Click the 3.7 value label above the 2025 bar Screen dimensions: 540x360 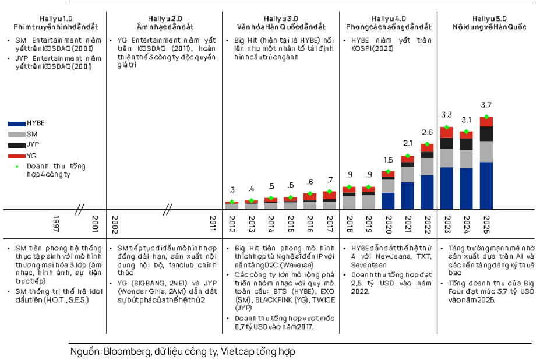pyautogui.click(x=486, y=105)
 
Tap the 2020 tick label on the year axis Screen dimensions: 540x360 pyautogui.click(x=389, y=225)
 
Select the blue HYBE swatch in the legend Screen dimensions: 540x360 pyautogui.click(x=17, y=123)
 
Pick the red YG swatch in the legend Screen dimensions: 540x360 pyautogui.click(x=17, y=156)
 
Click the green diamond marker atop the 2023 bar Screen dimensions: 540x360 pyautogui.click(x=447, y=127)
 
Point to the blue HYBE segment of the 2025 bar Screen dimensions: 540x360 pyautogui.click(x=486, y=186)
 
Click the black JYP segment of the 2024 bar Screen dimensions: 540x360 pyautogui.click(x=466, y=144)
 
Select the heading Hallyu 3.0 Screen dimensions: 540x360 pyautogui.click(x=281, y=19)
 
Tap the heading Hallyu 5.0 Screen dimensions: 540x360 pyautogui.click(x=489, y=19)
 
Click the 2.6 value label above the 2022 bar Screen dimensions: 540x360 pyautogui.click(x=427, y=132)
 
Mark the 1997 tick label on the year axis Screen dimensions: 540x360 pyautogui.click(x=56, y=224)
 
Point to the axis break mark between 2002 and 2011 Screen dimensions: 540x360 pyautogui.click(x=167, y=210)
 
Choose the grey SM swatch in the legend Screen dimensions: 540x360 pyautogui.click(x=17, y=135)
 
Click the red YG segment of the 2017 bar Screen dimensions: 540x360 pyautogui.click(x=330, y=195)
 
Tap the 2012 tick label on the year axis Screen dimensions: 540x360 pyautogui.click(x=232, y=224)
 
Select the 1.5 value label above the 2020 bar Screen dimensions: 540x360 pyautogui.click(x=388, y=160)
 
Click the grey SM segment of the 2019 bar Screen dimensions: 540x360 pyautogui.click(x=369, y=202)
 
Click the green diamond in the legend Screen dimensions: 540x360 pyautogui.click(x=17, y=167)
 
